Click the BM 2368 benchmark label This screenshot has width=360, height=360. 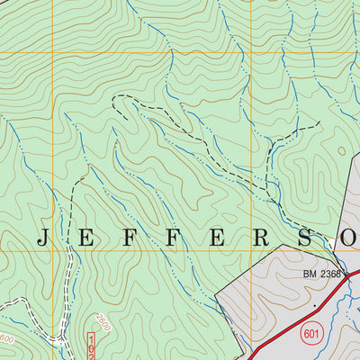coord(322,273)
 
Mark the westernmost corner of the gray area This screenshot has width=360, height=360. coord(219,292)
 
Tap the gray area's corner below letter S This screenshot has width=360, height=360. coord(306,256)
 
